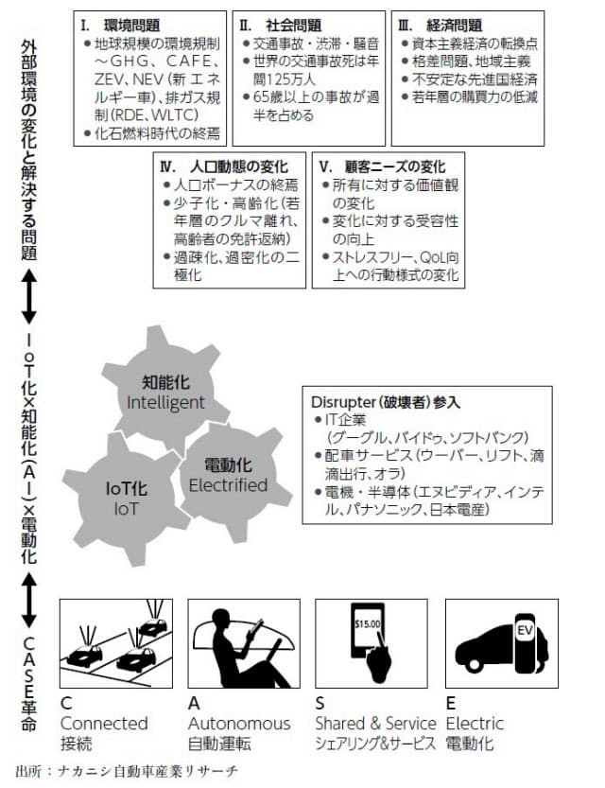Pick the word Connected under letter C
click(x=104, y=723)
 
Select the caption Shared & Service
click(x=375, y=723)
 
